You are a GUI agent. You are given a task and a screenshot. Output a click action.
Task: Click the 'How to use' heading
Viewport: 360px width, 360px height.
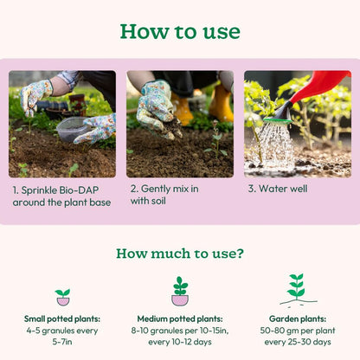pos(180,31)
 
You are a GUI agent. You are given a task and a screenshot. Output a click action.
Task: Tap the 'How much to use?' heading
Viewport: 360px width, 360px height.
pos(180,254)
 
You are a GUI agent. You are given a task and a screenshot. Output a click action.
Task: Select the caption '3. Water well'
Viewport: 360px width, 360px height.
pos(278,189)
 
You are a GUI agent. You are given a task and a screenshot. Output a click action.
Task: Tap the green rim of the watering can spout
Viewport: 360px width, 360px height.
pos(278,120)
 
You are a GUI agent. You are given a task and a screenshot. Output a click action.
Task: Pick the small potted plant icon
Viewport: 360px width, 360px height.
pos(63,297)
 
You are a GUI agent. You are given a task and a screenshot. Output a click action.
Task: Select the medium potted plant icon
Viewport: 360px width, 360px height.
pos(180,292)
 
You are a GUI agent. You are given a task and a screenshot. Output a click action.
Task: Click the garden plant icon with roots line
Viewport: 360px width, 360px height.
pos(298,289)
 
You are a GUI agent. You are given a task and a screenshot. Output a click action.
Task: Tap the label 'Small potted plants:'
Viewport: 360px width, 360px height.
pos(62,319)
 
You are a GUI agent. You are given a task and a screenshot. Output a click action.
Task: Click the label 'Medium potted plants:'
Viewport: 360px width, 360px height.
pos(180,319)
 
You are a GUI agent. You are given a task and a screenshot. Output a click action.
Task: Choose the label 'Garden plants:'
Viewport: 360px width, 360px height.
pos(298,319)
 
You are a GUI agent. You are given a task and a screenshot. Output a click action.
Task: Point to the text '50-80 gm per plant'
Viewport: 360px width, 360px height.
pos(298,331)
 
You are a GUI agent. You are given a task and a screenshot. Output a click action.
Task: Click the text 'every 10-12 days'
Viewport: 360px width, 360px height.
pos(180,342)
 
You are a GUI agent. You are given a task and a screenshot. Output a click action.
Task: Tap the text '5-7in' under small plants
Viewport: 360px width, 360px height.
pos(62,342)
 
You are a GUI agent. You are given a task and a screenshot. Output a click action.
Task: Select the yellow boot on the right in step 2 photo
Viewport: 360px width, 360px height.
pos(222,104)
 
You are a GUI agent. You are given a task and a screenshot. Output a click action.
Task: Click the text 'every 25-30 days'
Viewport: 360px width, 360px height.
pos(298,342)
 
